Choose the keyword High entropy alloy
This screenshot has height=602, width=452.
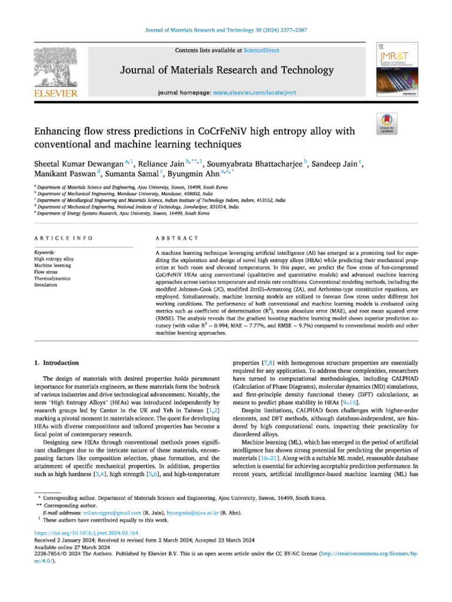click(54, 259)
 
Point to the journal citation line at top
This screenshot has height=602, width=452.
click(225, 30)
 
